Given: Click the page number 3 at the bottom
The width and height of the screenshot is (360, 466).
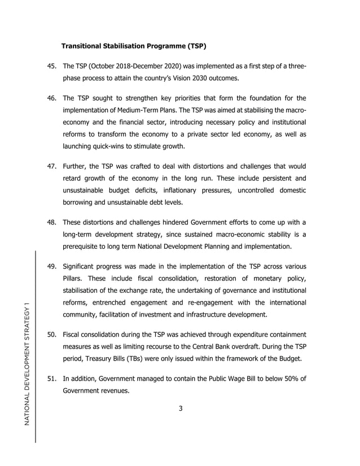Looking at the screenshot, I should (181, 409).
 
